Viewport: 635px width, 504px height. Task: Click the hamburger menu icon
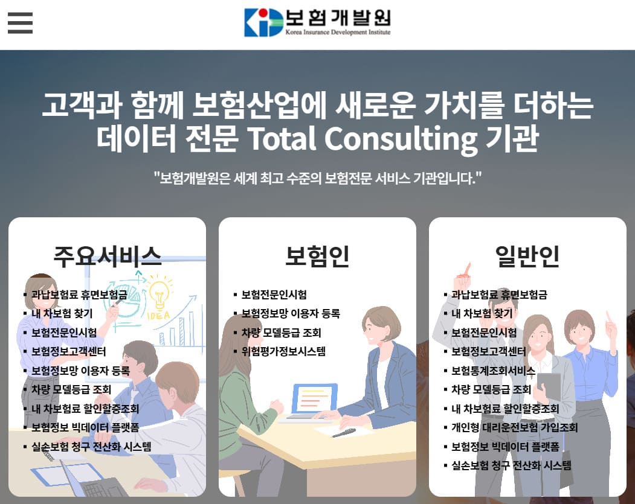point(20,23)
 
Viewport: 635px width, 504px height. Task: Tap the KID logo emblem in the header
point(263,22)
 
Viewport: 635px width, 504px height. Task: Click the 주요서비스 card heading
point(107,256)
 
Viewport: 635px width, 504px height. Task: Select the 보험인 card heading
point(317,256)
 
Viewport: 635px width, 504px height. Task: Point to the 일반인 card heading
point(527,256)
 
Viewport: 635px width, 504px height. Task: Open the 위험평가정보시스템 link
point(283,351)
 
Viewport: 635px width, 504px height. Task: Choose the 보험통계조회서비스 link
point(493,371)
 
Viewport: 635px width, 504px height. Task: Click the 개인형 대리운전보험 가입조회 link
point(514,427)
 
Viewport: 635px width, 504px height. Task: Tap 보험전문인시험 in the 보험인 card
point(274,295)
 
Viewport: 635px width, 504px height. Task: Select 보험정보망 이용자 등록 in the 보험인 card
point(291,313)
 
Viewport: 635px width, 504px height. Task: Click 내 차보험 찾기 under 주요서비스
point(62,314)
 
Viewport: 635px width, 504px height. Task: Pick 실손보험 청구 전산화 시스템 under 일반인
point(511,465)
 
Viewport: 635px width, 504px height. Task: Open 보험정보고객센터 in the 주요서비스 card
point(69,351)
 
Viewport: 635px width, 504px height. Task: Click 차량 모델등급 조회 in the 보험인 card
point(281,333)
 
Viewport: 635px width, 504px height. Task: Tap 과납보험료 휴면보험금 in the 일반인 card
point(499,295)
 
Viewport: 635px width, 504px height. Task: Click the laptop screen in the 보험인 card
point(314,398)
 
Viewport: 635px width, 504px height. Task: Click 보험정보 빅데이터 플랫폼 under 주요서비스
point(85,427)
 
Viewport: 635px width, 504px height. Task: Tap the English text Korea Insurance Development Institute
point(338,32)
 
